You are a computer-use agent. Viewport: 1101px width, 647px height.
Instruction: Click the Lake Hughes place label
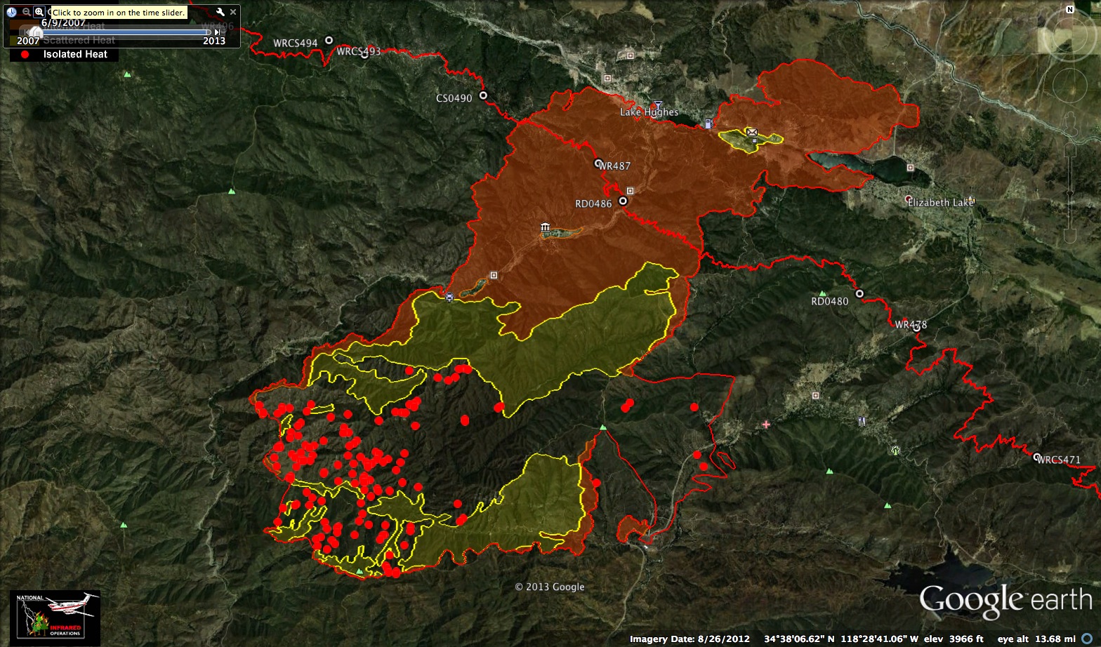pos(649,112)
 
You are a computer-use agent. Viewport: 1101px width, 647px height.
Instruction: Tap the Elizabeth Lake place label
pos(940,203)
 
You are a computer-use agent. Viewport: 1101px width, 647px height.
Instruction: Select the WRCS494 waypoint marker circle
pos(328,41)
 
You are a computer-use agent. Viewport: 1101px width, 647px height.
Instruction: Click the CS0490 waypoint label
pos(454,98)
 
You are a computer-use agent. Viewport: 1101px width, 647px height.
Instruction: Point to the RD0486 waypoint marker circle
pos(623,201)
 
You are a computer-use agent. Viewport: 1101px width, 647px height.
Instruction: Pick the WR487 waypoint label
pos(615,166)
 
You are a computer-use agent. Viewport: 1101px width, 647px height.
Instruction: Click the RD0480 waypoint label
pos(829,302)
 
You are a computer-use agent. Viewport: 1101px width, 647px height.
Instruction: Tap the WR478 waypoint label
pos(911,325)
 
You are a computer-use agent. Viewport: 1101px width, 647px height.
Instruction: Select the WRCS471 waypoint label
pos(1059,460)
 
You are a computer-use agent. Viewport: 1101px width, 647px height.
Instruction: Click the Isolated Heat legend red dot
pos(25,54)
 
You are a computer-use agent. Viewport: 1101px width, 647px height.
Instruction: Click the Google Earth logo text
pos(1006,601)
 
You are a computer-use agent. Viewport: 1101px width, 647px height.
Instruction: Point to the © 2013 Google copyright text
pos(549,587)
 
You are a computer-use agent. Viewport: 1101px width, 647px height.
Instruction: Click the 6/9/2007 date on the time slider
pos(63,22)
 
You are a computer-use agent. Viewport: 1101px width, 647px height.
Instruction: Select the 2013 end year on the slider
pos(214,41)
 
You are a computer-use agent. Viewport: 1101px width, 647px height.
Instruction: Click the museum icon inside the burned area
pos(546,227)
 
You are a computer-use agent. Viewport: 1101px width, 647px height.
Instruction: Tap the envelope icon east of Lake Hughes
pos(752,131)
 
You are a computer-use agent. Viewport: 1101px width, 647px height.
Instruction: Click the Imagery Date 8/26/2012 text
pos(690,639)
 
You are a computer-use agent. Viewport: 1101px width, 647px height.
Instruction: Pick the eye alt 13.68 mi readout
pos(1036,639)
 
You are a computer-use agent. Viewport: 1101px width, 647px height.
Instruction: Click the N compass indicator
pos(1069,9)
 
